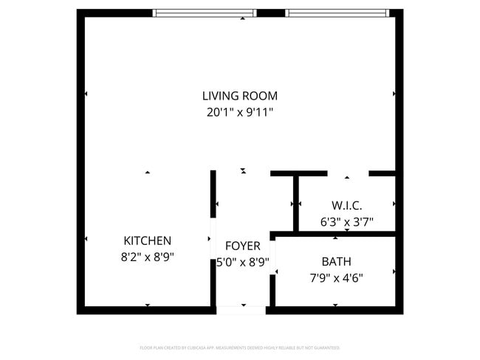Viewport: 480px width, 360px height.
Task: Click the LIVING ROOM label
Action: (240, 96)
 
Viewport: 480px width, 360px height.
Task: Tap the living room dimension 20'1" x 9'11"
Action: (240, 113)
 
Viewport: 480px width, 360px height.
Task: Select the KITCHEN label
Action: (148, 240)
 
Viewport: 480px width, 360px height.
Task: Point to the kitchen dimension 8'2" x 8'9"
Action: (148, 257)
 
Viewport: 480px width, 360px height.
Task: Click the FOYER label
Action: (242, 246)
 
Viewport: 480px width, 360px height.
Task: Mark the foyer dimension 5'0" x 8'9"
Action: (242, 262)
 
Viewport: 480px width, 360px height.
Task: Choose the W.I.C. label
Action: (346, 205)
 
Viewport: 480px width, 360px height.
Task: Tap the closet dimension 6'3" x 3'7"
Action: (346, 221)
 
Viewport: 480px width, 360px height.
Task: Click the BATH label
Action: (336, 261)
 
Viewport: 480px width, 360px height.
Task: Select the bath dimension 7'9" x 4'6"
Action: (336, 278)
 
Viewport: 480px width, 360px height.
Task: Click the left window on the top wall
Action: (204, 13)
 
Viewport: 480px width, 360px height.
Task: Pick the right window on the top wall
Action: (336, 13)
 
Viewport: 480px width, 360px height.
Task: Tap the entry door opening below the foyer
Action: (241, 311)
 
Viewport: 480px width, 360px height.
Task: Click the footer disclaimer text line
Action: (240, 347)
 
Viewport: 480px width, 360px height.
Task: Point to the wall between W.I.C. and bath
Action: (336, 235)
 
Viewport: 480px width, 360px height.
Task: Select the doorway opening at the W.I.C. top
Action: (347, 173)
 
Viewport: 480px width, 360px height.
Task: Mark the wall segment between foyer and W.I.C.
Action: (295, 203)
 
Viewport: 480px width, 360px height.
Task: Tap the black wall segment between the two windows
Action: (270, 13)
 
